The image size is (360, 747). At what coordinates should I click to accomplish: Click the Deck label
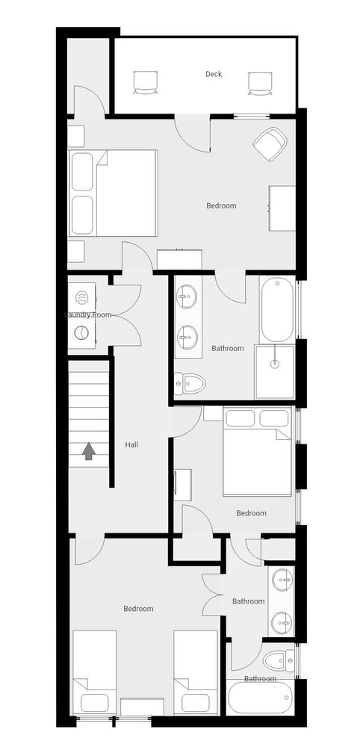[x=214, y=74]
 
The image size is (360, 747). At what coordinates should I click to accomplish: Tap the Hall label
[x=132, y=445]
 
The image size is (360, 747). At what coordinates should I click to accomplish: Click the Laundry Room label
[x=88, y=315]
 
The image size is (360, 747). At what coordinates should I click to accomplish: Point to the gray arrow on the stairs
[x=88, y=451]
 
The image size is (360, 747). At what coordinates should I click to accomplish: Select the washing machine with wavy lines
[x=81, y=298]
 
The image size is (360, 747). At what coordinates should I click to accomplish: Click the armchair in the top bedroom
[x=270, y=143]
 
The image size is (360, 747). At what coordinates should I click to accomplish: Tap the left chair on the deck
[x=144, y=83]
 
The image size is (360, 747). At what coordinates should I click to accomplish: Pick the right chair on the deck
[x=259, y=83]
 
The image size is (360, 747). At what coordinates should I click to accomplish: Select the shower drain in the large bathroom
[x=275, y=365]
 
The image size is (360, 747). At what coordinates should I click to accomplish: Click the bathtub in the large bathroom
[x=278, y=311]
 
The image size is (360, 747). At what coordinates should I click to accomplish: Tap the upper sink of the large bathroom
[x=187, y=297]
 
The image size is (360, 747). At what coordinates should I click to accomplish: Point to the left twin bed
[x=95, y=672]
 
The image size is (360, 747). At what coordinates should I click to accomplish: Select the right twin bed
[x=196, y=672]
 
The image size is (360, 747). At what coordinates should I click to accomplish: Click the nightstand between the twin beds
[x=142, y=707]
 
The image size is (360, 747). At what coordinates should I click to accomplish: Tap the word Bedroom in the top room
[x=221, y=206]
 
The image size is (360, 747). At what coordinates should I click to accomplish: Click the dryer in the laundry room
[x=81, y=332]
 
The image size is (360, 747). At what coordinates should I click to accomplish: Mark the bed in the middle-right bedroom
[x=258, y=452]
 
